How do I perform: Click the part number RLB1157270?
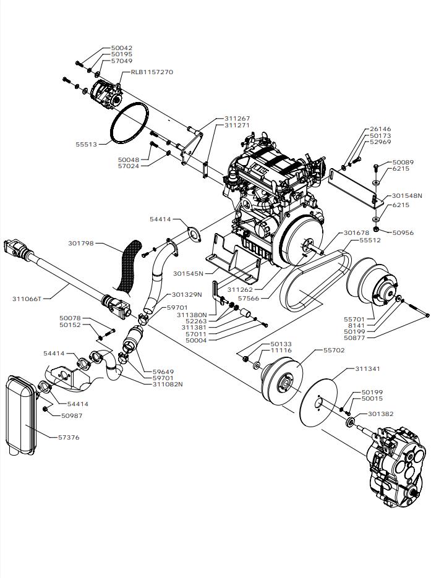point(151,72)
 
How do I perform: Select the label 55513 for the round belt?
point(87,144)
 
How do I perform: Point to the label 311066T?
point(27,299)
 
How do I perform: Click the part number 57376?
point(69,438)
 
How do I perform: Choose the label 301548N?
point(407,196)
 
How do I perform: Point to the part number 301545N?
point(189,273)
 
